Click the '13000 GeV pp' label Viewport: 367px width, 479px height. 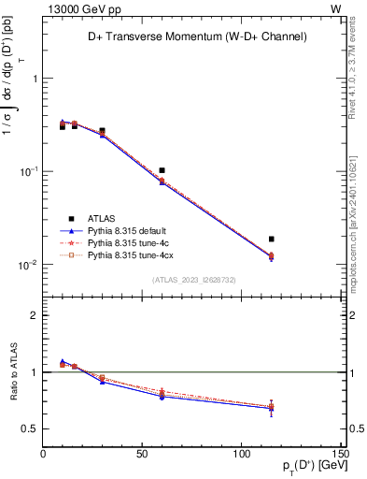click(78, 7)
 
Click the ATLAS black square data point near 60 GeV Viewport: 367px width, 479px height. click(162, 171)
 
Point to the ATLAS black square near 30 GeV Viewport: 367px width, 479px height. click(102, 131)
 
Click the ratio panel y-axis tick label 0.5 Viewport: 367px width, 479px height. click(30, 429)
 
